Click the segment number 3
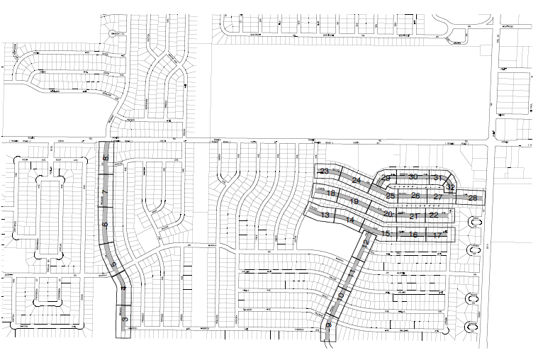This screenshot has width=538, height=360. click(125, 320)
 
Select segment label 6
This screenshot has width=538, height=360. click(105, 225)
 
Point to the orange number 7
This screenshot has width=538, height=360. click(104, 192)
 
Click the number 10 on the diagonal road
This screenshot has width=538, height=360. click(341, 295)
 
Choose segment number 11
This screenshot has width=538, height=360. click(352, 273)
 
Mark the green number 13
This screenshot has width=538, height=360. click(325, 215)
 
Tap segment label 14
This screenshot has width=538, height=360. click(349, 220)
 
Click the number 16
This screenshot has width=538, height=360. click(413, 234)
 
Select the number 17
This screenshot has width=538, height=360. click(438, 235)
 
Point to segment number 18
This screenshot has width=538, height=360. click(330, 193)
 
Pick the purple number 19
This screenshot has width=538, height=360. click(354, 202)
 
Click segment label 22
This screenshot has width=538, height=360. click(434, 214)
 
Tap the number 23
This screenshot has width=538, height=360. click(325, 171)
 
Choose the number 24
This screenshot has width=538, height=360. click(357, 181)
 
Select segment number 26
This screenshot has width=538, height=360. click(415, 196)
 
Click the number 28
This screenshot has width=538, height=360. click(473, 198)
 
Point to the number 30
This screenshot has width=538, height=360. click(413, 176)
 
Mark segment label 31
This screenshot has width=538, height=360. click(438, 177)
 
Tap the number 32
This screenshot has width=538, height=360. click(450, 187)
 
